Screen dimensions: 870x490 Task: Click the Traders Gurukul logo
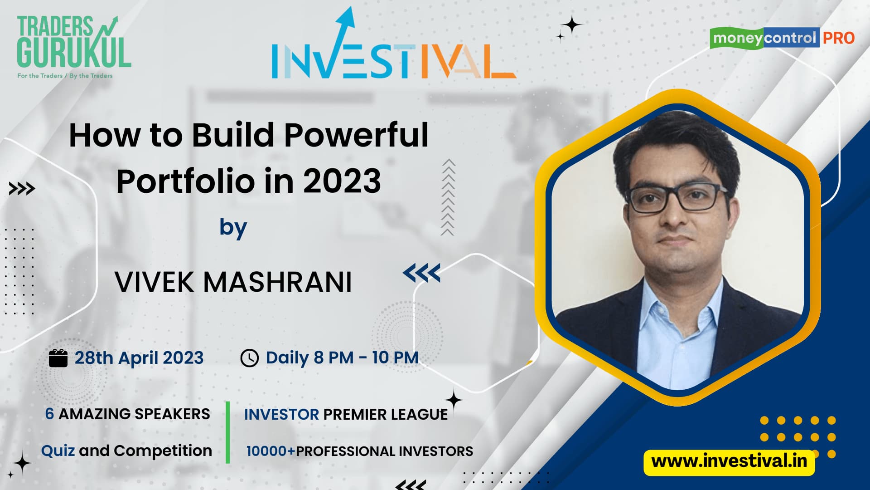(74, 47)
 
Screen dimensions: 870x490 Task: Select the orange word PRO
(839, 38)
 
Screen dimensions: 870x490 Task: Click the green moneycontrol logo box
(737, 38)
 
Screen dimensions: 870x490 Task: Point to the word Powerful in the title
(356, 135)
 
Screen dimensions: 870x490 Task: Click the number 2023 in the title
(342, 181)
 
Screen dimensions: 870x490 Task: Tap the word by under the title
(233, 228)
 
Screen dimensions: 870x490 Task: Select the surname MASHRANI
(277, 282)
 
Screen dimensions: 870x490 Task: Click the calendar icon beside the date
(58, 358)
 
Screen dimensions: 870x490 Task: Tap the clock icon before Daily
(249, 358)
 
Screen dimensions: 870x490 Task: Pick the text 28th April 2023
(139, 358)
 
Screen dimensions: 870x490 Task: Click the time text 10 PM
(395, 358)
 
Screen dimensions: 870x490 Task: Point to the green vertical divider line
(228, 432)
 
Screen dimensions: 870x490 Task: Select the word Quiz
(58, 451)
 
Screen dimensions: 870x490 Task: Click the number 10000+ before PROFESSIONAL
(271, 451)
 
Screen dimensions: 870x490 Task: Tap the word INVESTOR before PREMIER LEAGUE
(281, 414)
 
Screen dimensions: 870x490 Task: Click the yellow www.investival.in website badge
(729, 462)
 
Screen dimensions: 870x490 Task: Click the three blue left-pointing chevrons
(421, 273)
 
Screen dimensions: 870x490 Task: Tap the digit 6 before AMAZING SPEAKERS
(49, 414)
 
